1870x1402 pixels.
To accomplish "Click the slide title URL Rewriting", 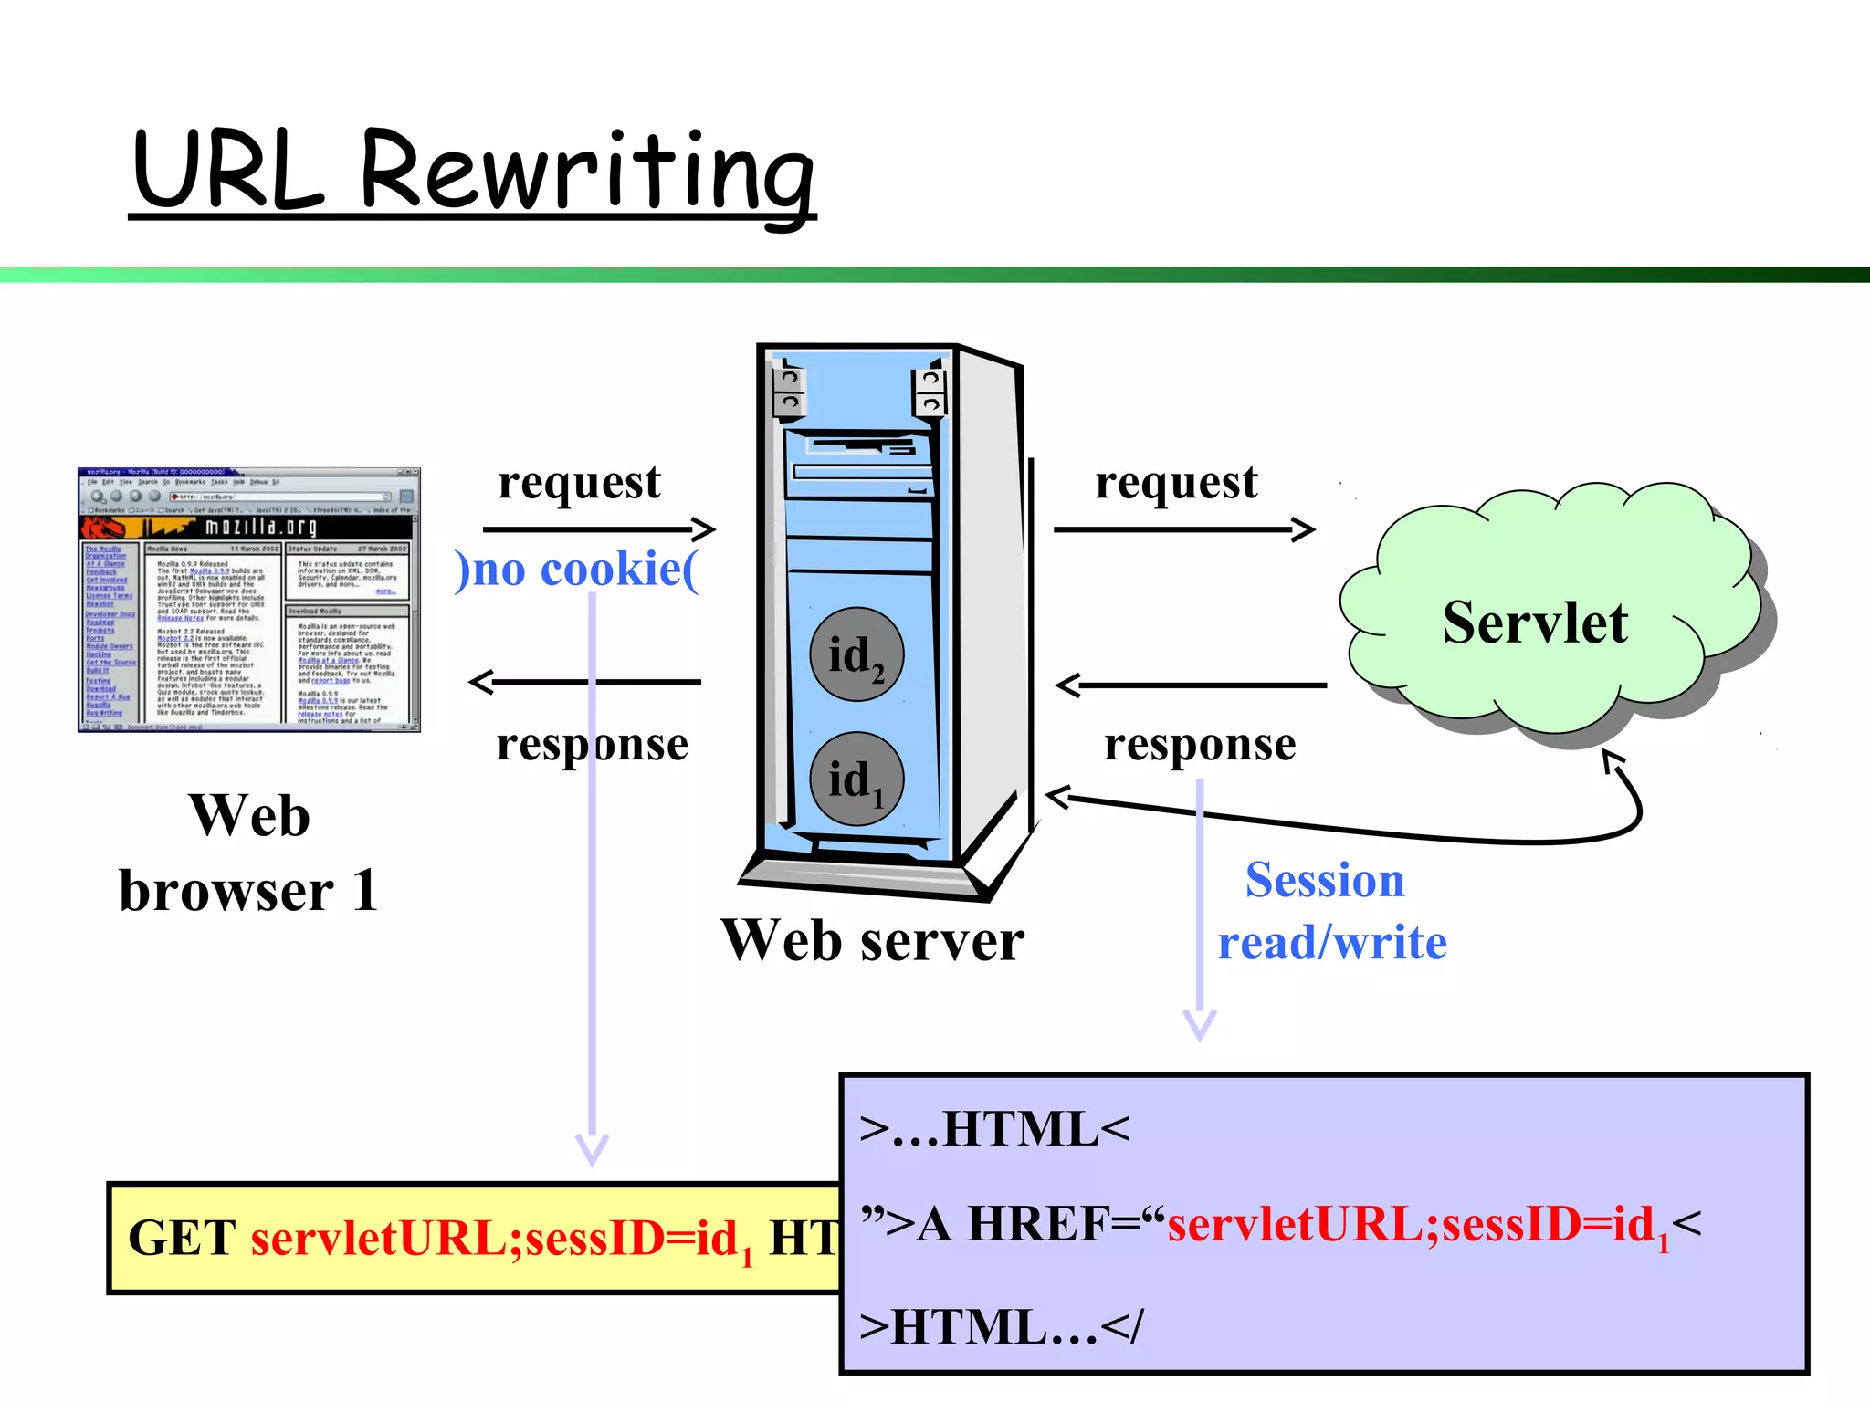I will (x=473, y=172).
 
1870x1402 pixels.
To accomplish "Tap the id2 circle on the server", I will (x=856, y=655).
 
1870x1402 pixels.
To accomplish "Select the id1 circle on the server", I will (x=856, y=779).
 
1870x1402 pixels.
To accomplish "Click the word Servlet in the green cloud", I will (x=1535, y=623).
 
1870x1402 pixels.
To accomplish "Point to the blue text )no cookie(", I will (x=577, y=570).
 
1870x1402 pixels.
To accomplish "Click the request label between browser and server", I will (x=579, y=483).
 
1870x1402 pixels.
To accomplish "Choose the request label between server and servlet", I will (x=1176, y=483).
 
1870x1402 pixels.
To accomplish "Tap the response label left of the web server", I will (x=592, y=745).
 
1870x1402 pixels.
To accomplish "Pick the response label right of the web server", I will (x=1200, y=745).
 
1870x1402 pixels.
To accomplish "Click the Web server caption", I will (x=872, y=941).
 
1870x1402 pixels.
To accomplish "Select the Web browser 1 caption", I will (x=248, y=853).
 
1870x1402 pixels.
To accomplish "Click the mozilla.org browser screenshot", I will (x=248, y=600).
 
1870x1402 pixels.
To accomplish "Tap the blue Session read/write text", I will (x=1331, y=911).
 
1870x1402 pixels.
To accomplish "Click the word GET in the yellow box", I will (x=182, y=1240).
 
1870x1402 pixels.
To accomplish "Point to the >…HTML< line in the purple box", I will (x=994, y=1130).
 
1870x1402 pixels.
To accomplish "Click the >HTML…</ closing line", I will (x=1001, y=1327).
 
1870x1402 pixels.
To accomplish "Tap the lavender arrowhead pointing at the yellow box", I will (x=592, y=1152).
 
